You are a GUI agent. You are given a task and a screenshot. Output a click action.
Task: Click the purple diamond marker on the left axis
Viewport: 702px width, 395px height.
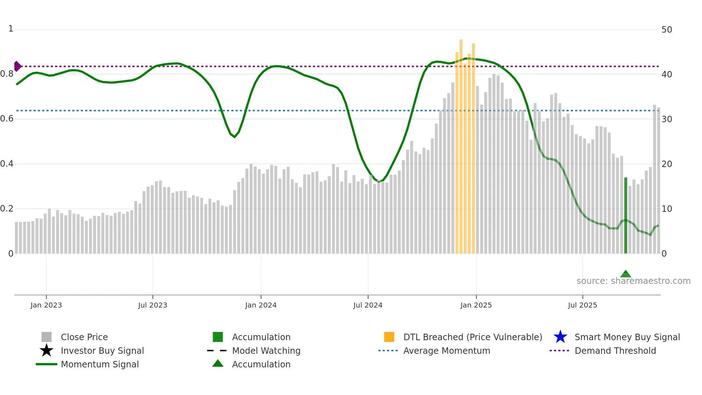pos(17,66)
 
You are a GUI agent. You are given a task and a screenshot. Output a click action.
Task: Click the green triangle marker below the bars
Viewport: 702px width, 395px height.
pos(625,274)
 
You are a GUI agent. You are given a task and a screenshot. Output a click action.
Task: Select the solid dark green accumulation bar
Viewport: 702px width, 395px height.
pos(625,215)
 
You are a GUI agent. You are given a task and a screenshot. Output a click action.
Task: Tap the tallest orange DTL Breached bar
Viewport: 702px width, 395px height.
pos(461,143)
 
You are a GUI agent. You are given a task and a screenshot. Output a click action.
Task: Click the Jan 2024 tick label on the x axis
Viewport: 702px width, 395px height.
pos(261,305)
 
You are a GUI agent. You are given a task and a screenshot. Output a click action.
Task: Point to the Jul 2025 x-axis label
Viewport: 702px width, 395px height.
pos(582,305)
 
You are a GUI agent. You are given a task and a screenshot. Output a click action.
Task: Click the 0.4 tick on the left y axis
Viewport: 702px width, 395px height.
pos(7,164)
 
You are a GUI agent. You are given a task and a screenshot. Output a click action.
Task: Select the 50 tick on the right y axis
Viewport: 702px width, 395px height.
pos(667,30)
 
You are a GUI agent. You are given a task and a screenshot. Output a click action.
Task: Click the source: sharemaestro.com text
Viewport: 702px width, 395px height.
pos(633,281)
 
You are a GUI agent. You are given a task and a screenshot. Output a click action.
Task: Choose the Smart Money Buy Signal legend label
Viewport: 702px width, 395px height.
pos(627,337)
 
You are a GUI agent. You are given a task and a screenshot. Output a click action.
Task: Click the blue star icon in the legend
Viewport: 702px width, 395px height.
pos(560,337)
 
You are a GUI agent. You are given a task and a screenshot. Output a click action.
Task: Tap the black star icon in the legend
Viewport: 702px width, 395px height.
pos(47,351)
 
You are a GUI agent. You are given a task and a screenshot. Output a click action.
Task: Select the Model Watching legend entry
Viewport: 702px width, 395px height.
pos(266,351)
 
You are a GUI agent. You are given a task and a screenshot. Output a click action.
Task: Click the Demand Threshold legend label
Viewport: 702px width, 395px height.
pos(615,351)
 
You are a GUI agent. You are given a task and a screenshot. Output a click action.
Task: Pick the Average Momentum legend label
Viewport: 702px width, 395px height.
pos(447,351)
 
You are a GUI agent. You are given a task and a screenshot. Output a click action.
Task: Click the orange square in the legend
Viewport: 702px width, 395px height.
pos(389,337)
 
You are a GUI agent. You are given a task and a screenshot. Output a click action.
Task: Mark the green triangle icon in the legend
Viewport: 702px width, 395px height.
pos(218,364)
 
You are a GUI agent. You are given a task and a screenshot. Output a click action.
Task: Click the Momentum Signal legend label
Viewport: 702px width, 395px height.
pos(100,364)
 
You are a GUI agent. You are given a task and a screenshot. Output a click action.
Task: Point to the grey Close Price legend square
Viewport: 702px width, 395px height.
pos(47,337)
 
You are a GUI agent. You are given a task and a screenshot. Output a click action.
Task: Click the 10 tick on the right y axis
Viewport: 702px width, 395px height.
pos(667,209)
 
